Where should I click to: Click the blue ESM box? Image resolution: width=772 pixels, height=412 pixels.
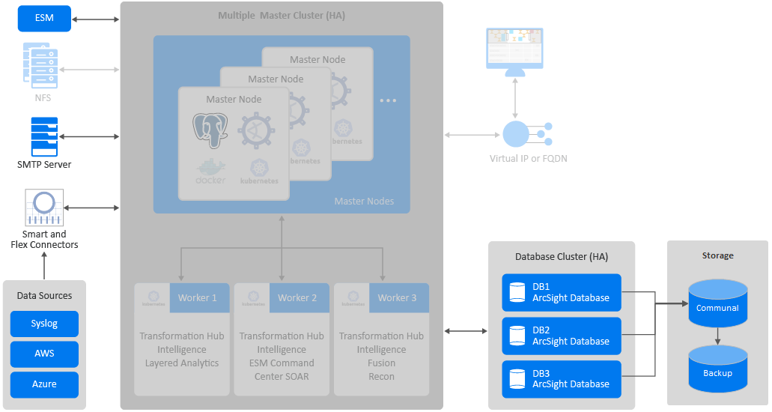point(44,19)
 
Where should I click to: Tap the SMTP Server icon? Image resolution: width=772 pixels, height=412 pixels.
point(44,136)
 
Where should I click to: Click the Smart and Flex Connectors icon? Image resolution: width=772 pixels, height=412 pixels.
point(44,207)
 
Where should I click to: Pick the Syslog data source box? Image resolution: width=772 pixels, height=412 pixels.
point(44,324)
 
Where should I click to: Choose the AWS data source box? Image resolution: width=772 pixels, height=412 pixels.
point(44,354)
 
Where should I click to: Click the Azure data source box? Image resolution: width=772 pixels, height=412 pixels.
point(44,384)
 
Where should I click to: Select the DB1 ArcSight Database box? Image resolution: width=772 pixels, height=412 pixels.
point(562,292)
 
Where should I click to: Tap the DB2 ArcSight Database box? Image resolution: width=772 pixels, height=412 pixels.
point(562,336)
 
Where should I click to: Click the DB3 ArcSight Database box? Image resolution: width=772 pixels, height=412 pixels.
point(562,378)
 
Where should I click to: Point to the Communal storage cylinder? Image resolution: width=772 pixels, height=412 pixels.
point(717,303)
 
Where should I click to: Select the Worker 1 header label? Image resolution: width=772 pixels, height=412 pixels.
point(198,297)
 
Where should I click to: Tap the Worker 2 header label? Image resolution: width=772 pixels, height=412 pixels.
point(297,297)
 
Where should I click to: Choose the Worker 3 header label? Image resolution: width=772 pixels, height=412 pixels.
point(397,297)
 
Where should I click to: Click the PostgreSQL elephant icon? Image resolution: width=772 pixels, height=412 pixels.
point(210,130)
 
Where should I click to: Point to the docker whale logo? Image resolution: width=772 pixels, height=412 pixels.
point(210,172)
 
